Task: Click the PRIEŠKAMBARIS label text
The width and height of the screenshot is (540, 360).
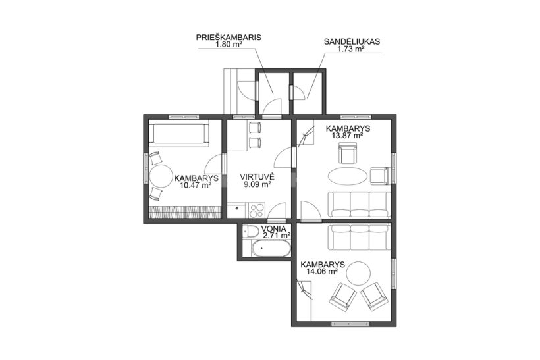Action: coord(229,38)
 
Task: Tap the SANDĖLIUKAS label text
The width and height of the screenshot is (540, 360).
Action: coord(352,42)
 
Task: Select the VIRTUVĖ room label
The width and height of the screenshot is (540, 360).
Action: coord(257,177)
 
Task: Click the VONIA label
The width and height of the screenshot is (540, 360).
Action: coord(273,228)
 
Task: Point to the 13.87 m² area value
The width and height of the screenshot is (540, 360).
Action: coord(347,136)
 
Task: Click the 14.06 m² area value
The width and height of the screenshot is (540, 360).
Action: coord(321,272)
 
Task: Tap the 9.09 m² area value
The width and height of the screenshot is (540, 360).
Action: coord(257,184)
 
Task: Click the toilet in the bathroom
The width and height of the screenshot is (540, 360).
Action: coord(250,231)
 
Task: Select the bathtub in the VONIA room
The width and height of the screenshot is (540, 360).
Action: coord(270,248)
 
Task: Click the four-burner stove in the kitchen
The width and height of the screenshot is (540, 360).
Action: coord(257,211)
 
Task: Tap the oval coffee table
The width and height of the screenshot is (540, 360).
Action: coord(347,176)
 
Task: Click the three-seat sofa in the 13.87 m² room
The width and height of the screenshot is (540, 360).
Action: coord(359,205)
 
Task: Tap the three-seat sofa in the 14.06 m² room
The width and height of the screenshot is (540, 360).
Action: coord(359,238)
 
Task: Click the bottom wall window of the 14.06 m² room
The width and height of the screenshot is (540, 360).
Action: coord(350,324)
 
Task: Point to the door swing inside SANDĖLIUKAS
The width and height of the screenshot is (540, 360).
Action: coord(298,92)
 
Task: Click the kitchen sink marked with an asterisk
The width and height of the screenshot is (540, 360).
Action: coord(237,208)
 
